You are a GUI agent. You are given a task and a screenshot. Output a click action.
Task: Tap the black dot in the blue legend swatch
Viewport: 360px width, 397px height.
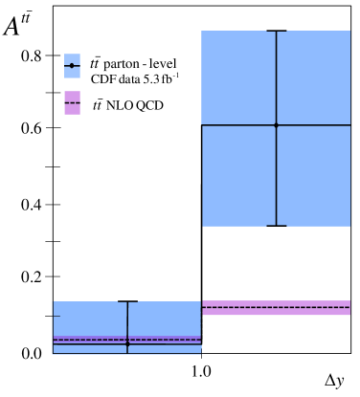point(72,65)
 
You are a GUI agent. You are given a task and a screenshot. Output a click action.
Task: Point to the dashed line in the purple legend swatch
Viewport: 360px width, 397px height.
point(72,102)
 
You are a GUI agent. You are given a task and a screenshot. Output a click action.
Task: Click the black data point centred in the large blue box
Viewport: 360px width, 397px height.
point(276,124)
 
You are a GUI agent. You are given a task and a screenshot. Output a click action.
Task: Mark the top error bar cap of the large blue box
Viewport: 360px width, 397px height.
point(276,32)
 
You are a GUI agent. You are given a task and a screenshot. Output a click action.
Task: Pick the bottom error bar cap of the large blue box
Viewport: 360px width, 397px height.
point(276,226)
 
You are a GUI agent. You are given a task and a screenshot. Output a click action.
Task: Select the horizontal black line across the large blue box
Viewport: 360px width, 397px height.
point(239,124)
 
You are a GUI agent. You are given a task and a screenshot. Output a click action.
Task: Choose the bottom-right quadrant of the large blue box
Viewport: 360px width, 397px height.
point(314,176)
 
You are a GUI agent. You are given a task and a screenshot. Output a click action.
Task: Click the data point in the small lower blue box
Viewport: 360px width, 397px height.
point(127,344)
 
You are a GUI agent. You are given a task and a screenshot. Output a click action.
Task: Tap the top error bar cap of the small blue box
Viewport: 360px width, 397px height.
point(127,301)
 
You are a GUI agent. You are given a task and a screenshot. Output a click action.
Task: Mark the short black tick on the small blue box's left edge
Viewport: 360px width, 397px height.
point(56,316)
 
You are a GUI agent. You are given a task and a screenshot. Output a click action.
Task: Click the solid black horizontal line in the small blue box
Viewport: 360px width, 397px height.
point(163,344)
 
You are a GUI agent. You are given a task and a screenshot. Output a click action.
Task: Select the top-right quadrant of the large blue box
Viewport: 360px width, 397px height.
point(314,77)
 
